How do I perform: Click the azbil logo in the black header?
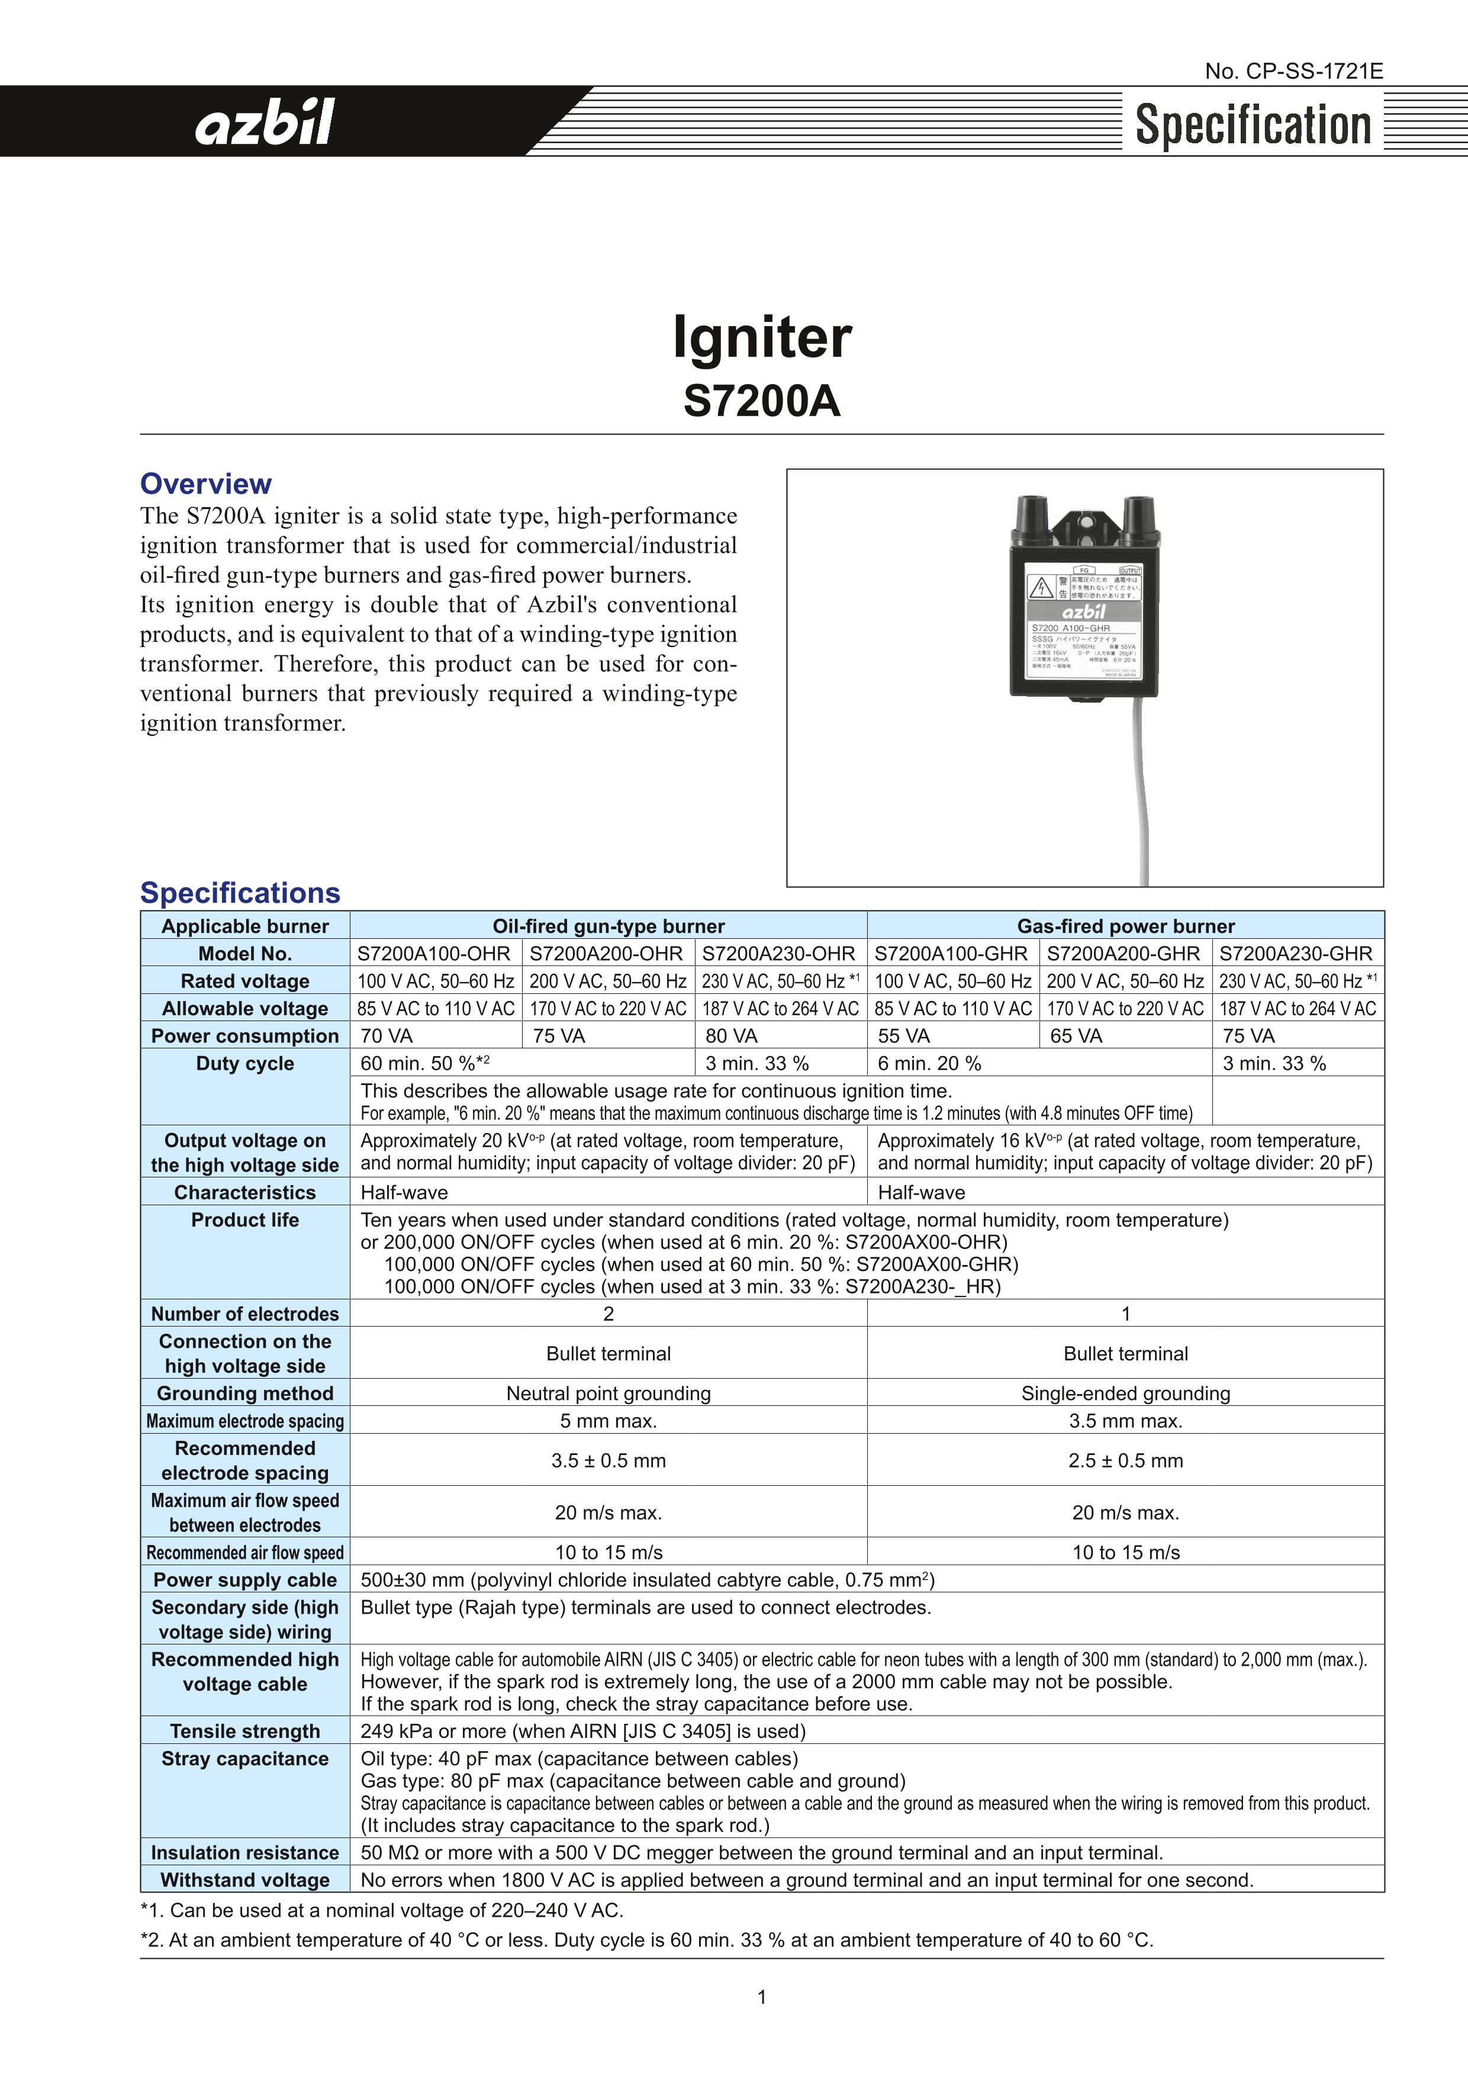(265, 122)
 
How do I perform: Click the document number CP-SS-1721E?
(1293, 72)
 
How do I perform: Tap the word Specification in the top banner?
(1253, 125)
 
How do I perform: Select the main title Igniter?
(762, 337)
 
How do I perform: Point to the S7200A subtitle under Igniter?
(762, 401)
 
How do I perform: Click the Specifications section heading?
(240, 893)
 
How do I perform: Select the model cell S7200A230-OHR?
(778, 953)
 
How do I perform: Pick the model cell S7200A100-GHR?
(951, 953)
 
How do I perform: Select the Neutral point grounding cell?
(609, 1393)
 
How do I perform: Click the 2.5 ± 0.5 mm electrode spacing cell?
(1125, 1460)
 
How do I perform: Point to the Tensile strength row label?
(245, 1731)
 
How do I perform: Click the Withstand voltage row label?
(245, 1880)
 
